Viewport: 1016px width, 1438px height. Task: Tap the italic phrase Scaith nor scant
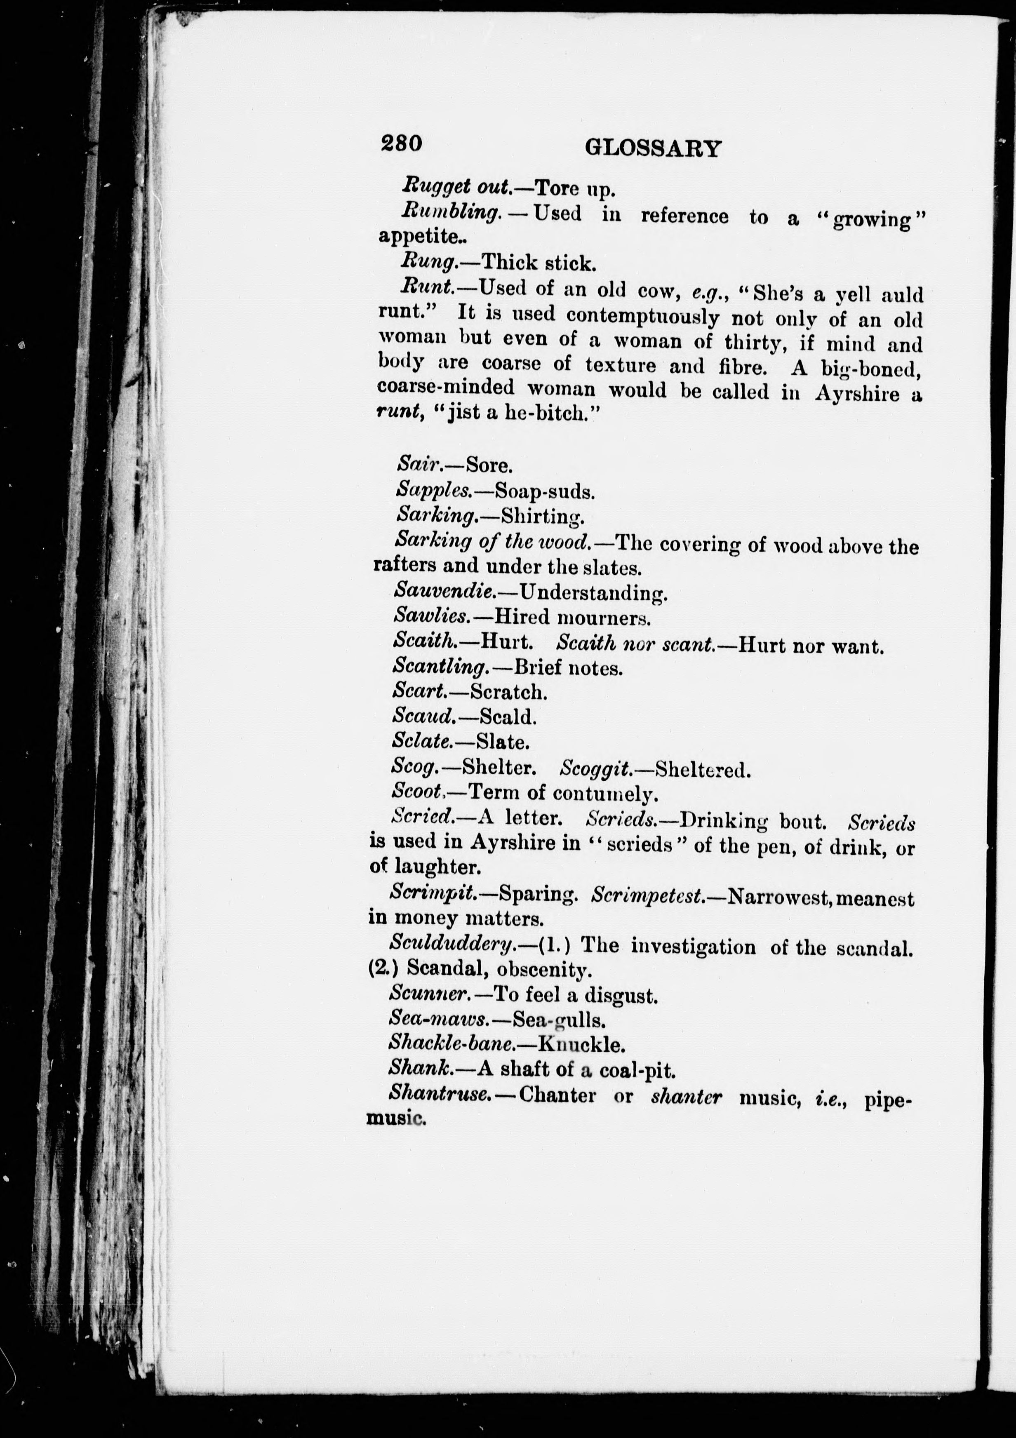click(635, 643)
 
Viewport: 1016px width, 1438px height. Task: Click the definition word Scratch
click(509, 692)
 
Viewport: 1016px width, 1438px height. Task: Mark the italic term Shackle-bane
click(452, 1044)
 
